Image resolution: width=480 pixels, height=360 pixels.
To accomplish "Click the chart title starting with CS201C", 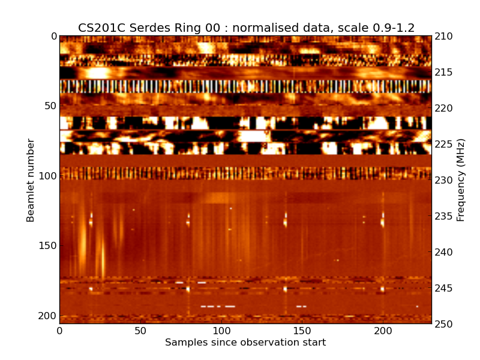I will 246,28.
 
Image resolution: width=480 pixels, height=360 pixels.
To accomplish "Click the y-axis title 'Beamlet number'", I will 31,180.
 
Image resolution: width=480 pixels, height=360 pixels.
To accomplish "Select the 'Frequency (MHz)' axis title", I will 461,180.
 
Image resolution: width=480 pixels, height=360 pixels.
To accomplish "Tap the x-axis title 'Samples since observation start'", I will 245,343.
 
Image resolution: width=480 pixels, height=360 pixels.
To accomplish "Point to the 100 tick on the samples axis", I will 221,331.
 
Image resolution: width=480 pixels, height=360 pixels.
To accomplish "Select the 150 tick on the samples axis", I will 302,331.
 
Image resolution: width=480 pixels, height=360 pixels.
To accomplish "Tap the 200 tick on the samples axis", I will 383,331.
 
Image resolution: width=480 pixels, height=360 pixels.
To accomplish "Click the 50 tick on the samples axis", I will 140,331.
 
